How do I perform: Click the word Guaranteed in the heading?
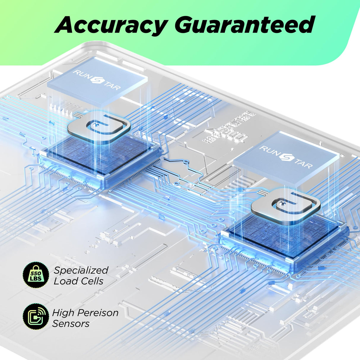244,25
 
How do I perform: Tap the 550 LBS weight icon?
36,275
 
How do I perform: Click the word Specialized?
81,270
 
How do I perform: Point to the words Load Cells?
79,281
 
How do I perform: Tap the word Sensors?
71,324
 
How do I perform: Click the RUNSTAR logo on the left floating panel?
97,80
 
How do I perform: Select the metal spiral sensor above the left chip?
99,128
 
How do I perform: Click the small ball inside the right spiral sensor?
282,203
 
